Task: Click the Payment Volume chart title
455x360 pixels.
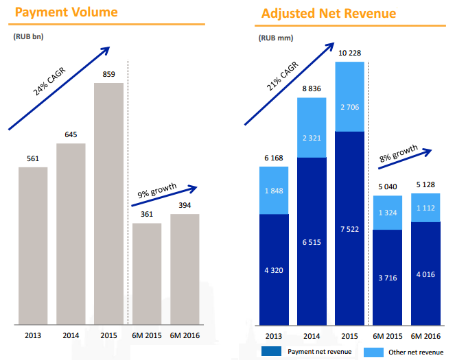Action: coord(66,12)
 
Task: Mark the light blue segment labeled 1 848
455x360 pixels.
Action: coord(274,190)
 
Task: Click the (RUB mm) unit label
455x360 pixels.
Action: coord(273,38)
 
